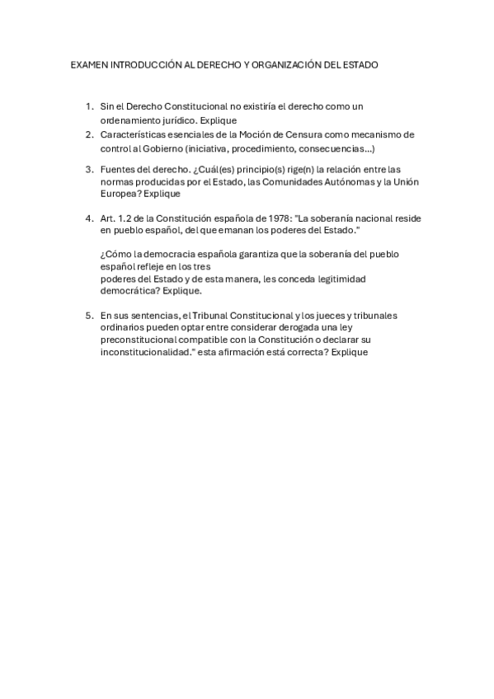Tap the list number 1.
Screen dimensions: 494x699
click(x=89, y=106)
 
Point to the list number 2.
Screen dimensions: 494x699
click(x=89, y=134)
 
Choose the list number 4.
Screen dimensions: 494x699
click(x=89, y=218)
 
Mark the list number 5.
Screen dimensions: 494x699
click(x=89, y=315)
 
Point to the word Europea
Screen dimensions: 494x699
click(x=119, y=194)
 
